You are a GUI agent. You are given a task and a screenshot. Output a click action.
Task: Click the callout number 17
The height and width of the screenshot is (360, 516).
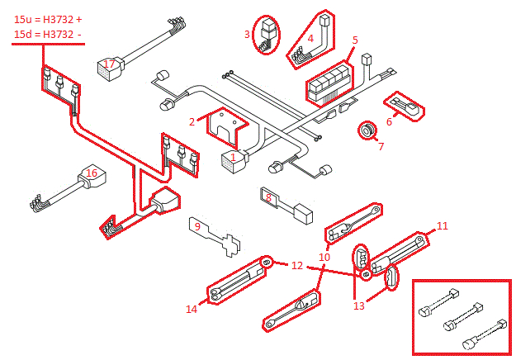(109, 63)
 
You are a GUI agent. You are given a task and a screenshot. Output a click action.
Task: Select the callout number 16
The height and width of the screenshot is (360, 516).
(92, 173)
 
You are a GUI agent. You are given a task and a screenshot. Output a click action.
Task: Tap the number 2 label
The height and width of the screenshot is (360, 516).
(192, 122)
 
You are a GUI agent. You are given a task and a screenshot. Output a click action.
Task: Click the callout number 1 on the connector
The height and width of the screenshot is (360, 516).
(234, 156)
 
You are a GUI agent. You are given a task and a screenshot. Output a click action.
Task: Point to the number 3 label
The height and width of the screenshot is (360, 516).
(247, 34)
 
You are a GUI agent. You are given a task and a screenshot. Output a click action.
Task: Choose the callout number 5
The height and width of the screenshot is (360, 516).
(355, 39)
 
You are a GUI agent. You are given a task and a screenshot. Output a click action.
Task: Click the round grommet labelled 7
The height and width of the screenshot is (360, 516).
(364, 130)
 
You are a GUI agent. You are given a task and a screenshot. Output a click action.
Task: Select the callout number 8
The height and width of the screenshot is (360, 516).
(267, 197)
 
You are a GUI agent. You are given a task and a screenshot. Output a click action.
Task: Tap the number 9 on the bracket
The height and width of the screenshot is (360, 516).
(196, 225)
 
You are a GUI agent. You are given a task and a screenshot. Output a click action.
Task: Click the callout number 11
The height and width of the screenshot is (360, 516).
(443, 225)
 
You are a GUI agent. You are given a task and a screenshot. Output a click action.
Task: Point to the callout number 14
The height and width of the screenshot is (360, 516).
(192, 309)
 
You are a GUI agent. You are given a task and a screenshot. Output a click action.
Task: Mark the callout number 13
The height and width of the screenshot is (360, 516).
(358, 306)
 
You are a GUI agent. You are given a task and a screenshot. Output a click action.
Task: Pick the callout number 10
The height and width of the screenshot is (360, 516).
(324, 257)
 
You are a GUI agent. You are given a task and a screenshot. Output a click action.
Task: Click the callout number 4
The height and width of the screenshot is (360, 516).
(310, 38)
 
